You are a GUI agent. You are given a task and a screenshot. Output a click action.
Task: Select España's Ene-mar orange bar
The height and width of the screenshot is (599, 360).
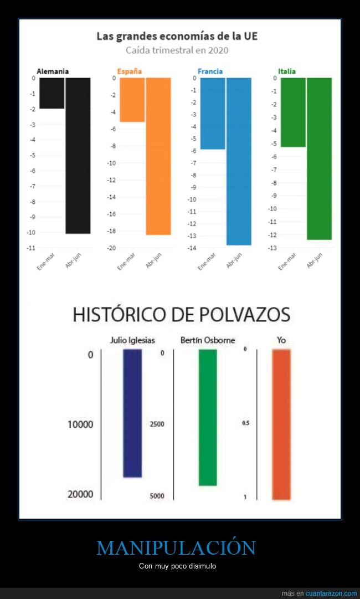(132, 100)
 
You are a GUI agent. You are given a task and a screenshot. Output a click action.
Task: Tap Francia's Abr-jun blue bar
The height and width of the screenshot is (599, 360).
(239, 161)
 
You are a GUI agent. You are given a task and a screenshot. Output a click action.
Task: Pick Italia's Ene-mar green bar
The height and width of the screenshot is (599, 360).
(293, 112)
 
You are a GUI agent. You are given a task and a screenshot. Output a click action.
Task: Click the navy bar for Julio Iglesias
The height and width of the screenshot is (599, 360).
(132, 413)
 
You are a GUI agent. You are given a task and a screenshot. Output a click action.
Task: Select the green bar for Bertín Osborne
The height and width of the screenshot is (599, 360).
(208, 417)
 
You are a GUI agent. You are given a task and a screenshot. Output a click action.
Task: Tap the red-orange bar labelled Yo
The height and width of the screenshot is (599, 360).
(281, 424)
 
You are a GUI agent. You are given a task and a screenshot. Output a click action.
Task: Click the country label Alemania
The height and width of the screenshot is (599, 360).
(53, 71)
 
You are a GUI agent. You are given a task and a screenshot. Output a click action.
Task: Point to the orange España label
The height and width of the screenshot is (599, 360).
(129, 71)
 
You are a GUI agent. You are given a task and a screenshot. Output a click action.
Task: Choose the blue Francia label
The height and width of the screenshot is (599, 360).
(210, 71)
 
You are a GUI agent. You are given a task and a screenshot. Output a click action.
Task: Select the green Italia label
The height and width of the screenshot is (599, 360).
(287, 71)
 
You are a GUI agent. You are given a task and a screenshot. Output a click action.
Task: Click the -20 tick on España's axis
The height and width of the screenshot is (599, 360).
(111, 248)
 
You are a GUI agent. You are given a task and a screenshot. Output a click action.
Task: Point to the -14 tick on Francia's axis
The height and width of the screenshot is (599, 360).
(191, 248)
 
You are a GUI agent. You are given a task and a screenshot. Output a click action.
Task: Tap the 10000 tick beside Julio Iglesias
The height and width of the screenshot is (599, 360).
(80, 425)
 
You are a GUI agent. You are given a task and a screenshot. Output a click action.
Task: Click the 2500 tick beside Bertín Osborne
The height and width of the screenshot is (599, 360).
(157, 424)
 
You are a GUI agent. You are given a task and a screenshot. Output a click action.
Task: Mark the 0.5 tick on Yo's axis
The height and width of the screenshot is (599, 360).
(245, 424)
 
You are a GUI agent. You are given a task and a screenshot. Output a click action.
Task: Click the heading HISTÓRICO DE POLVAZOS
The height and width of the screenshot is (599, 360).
(181, 315)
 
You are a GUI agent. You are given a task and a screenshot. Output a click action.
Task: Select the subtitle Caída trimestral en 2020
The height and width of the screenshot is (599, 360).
(177, 50)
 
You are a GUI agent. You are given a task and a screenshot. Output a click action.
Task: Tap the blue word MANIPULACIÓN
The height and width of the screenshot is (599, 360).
(176, 547)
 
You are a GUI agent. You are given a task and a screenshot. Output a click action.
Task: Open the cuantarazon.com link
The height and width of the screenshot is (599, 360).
(331, 593)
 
